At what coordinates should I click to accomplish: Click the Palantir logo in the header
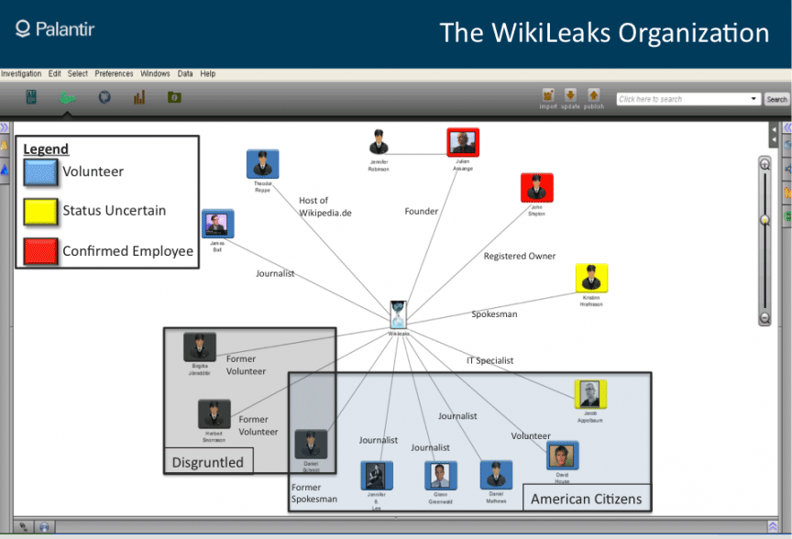(55, 29)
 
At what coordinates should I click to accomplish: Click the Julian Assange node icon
(463, 143)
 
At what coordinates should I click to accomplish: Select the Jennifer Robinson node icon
(379, 142)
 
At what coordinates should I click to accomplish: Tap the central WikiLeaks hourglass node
(398, 313)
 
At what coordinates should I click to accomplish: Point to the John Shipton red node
(536, 188)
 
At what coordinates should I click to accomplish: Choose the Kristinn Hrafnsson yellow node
(591, 279)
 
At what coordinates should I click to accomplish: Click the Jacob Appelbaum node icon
(590, 394)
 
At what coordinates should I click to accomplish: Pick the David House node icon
(562, 456)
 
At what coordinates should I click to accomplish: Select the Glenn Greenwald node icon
(441, 475)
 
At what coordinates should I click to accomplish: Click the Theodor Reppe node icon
(262, 165)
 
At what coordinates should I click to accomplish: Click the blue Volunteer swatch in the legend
(40, 171)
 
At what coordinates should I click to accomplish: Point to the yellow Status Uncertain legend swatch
(40, 211)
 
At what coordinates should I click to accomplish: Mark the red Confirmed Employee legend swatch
(40, 250)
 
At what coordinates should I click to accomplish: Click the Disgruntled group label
(208, 462)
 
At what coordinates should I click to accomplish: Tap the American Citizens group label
(587, 499)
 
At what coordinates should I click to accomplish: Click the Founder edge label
(422, 212)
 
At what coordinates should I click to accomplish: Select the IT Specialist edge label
(490, 361)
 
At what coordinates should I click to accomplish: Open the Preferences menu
(114, 73)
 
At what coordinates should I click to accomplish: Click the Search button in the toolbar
(776, 99)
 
